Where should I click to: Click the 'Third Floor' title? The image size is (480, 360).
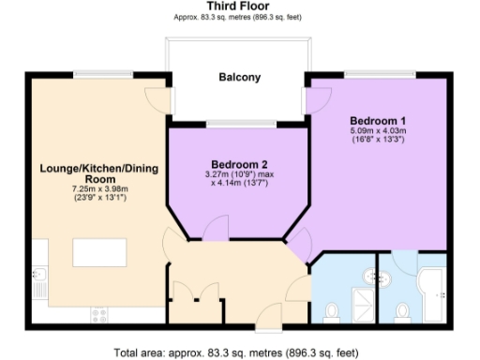239,7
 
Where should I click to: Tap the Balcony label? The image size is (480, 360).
239,78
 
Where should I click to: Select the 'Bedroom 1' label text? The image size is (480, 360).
378,120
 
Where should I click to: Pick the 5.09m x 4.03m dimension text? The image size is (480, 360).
378,132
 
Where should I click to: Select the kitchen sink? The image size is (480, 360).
42,277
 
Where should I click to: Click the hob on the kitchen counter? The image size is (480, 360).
97,312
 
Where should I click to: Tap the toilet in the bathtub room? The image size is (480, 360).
402,310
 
